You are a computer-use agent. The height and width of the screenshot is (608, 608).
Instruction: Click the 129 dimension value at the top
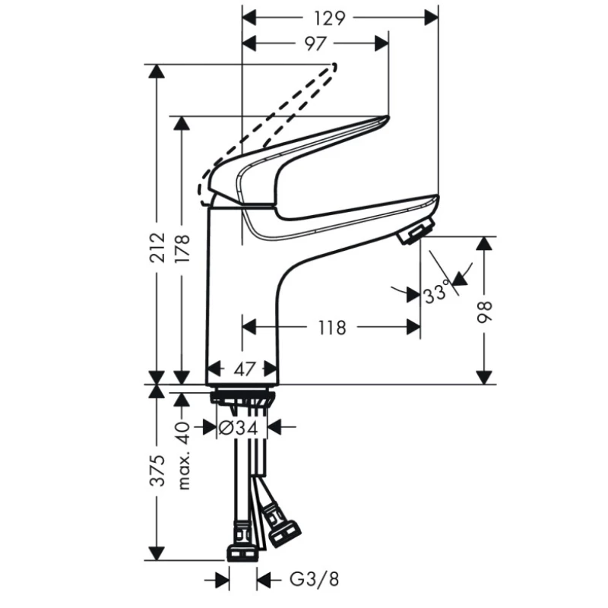(x=329, y=18)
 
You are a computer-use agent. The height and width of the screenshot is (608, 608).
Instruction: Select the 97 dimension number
(x=315, y=43)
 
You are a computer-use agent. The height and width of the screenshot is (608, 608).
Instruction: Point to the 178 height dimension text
(x=182, y=249)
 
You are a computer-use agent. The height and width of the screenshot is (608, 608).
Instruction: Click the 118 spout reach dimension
(x=332, y=328)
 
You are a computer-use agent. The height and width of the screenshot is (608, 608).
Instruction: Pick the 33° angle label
(x=436, y=293)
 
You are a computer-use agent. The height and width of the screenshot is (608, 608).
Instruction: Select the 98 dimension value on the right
(x=485, y=312)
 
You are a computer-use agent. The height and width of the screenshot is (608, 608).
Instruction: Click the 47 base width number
(x=245, y=369)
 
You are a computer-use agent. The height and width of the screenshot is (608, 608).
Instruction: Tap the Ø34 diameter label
(x=238, y=428)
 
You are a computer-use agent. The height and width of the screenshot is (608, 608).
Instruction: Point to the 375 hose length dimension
(x=158, y=470)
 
